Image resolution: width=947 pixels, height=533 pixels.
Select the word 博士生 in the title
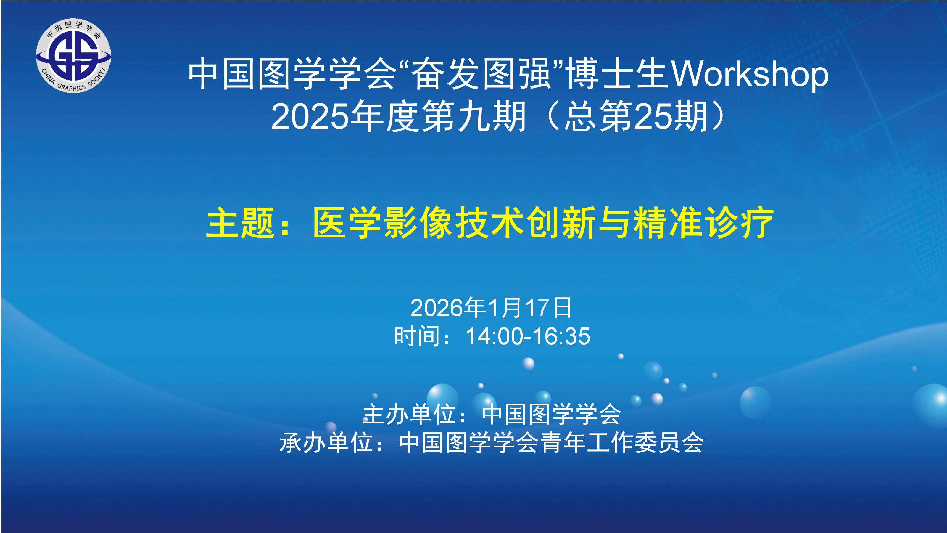618,74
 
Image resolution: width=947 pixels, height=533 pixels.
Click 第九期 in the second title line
474,117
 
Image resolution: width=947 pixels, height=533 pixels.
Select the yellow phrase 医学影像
382,223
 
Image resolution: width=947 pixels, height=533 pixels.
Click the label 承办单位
326,442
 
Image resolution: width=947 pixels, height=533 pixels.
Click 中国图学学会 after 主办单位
551,414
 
